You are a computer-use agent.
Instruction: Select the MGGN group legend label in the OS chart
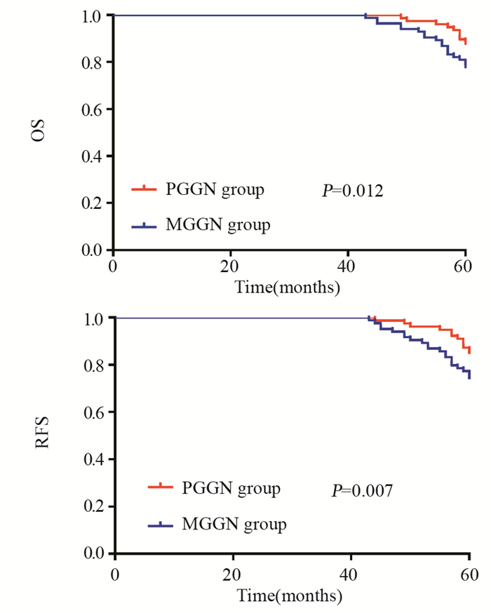[x=217, y=225]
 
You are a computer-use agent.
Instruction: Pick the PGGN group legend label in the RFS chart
[x=231, y=487]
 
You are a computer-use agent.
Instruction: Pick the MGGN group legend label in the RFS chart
[x=234, y=524]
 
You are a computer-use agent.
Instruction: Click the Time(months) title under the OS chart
[x=288, y=287]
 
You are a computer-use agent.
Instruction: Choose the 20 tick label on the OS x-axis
[x=231, y=268]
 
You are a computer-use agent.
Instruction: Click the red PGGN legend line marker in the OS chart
[x=144, y=189]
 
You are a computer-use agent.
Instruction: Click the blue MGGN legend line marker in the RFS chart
[x=161, y=524]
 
